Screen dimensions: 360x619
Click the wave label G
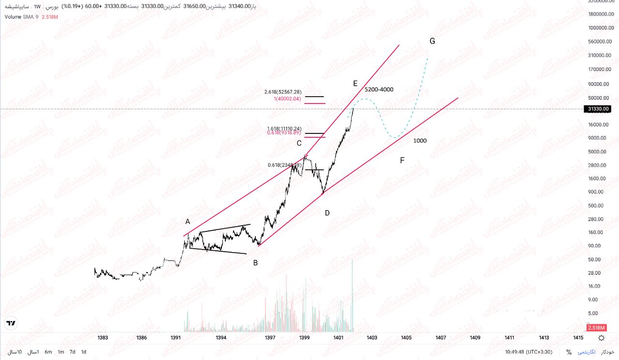point(432,41)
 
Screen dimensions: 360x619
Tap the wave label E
point(355,84)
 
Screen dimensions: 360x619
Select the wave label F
point(402,160)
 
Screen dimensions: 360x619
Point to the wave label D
point(327,213)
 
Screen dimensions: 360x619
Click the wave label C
point(299,143)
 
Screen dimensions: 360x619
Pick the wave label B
point(255,263)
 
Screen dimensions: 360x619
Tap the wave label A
point(188,221)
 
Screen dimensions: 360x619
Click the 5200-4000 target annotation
point(379,89)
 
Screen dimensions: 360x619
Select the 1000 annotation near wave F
point(420,141)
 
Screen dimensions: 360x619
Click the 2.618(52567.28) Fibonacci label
point(283,92)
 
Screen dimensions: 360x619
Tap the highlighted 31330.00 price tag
point(598,109)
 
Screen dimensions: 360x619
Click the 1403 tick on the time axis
point(372,338)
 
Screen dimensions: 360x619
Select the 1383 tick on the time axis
point(103,338)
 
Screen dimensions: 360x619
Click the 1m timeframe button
point(61,352)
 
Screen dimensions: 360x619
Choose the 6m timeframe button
point(48,352)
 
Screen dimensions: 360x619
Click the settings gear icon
point(601,338)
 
